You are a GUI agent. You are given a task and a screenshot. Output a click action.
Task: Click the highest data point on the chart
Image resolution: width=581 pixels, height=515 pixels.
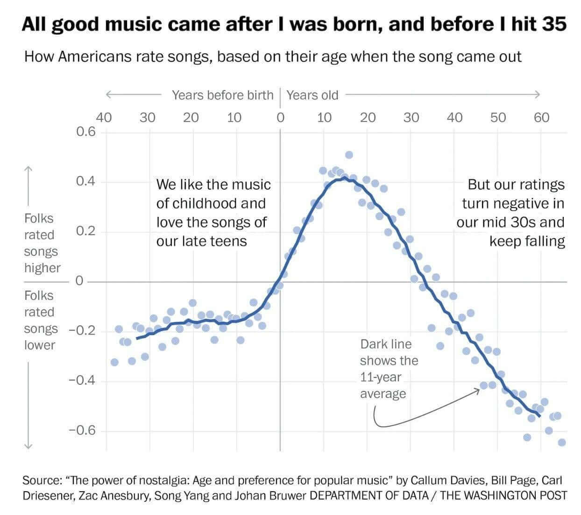tap(349, 155)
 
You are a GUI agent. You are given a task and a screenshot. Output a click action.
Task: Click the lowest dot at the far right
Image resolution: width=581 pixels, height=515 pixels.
tap(562, 442)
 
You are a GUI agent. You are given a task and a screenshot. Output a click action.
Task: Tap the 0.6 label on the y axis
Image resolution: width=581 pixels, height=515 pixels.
tap(86, 132)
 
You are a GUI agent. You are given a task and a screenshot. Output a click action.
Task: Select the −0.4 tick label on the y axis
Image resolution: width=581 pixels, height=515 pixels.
tap(82, 380)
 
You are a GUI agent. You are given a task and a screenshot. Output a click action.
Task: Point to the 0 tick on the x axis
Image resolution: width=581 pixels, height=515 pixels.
tap(280, 117)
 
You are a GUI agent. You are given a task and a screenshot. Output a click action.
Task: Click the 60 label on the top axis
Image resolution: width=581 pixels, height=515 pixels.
tap(541, 117)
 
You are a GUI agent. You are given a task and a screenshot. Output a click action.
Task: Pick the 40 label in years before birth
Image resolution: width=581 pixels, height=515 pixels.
tap(104, 117)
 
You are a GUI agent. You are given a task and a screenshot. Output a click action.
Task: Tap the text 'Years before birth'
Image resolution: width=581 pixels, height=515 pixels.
tap(222, 95)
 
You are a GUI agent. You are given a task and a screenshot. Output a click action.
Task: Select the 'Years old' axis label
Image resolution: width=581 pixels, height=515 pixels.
tap(312, 95)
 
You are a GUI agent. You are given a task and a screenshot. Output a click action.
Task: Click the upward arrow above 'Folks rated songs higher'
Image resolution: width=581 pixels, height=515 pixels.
tap(28, 170)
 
